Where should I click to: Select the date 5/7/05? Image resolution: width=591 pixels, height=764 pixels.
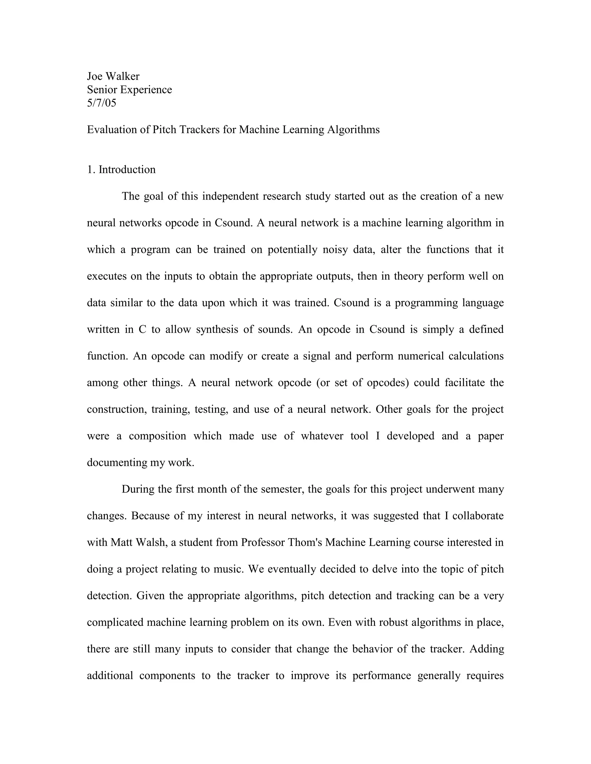(102, 103)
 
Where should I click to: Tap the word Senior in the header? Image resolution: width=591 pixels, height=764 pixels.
(102, 90)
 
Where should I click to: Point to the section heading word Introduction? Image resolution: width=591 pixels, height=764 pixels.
(127, 170)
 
